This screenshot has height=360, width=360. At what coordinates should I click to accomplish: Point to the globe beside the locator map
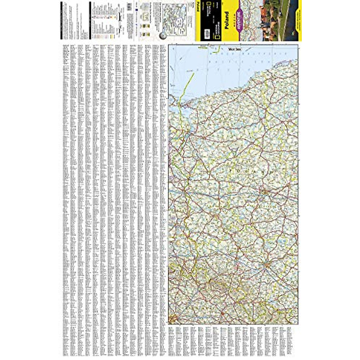164,33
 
